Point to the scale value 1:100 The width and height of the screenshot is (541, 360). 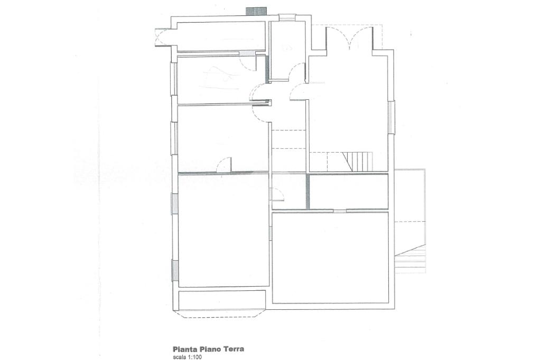pyautogui.click(x=194, y=357)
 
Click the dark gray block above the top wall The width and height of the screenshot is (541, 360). pyautogui.click(x=256, y=11)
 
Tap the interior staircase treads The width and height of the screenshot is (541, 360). pyautogui.click(x=358, y=162)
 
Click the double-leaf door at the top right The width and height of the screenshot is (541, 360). pyautogui.click(x=350, y=38)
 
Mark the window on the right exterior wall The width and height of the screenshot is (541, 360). pyautogui.click(x=391, y=117)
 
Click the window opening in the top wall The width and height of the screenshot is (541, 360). pyautogui.click(x=287, y=17)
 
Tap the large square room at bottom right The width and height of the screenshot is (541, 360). pyautogui.click(x=330, y=258)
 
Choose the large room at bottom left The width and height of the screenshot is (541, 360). pyautogui.click(x=223, y=230)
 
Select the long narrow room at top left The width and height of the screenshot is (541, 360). pyautogui.click(x=221, y=36)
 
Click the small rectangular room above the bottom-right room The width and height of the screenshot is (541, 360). pyautogui.click(x=349, y=192)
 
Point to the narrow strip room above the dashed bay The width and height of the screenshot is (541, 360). pyautogui.click(x=222, y=300)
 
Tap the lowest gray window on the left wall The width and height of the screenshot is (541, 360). pyautogui.click(x=175, y=271)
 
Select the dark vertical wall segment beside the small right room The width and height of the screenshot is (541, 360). pyautogui.click(x=307, y=192)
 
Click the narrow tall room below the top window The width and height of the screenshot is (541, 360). pyautogui.click(x=287, y=51)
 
